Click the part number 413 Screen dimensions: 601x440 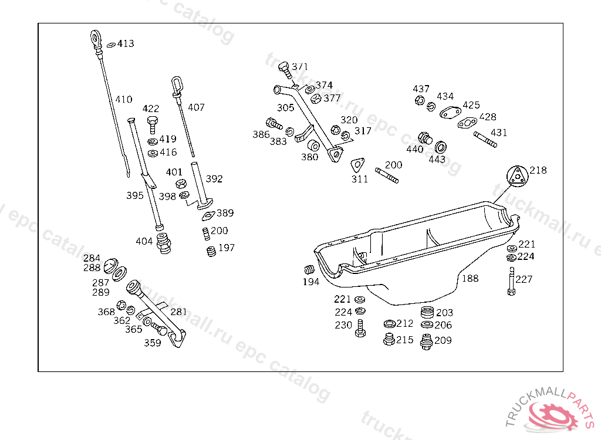point(126,43)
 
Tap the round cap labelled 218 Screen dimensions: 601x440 point(518,177)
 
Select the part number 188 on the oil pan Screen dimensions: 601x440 point(470,279)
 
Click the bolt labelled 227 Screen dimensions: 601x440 point(511,282)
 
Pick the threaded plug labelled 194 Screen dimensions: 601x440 point(309,269)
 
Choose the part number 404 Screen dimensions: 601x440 point(144,242)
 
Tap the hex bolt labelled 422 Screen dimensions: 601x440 point(153,124)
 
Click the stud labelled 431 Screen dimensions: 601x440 point(485,140)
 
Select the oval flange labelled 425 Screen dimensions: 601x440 point(450,113)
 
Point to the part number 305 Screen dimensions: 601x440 point(286,108)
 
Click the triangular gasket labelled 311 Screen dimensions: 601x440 point(357,165)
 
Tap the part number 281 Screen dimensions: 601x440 point(178,312)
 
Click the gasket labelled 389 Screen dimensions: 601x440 point(208,216)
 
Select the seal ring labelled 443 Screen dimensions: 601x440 point(441,147)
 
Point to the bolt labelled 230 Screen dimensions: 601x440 point(360,329)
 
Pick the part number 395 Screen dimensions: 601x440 point(135,195)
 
